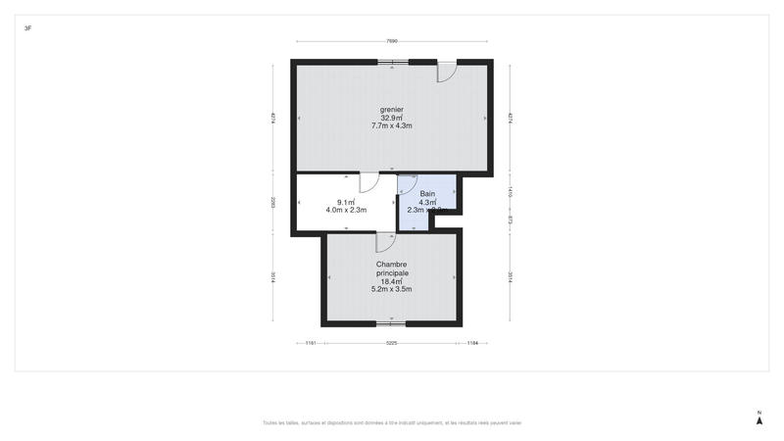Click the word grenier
(x=392, y=109)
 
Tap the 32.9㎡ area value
(x=392, y=118)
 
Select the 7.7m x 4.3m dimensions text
(x=392, y=126)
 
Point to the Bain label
(x=427, y=194)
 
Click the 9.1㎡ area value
(x=346, y=202)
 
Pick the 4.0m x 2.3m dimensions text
(x=346, y=211)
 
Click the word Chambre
(x=392, y=265)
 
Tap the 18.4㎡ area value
(x=392, y=281)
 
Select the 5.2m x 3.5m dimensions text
(x=392, y=290)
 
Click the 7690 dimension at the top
(x=392, y=41)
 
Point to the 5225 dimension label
(x=392, y=343)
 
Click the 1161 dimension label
(x=310, y=343)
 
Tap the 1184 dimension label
(x=472, y=343)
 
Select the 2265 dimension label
(x=273, y=203)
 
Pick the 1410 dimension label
(x=510, y=192)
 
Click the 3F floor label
(x=27, y=28)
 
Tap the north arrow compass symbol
(x=759, y=419)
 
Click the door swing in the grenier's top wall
(x=446, y=72)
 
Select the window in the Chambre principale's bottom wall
(x=391, y=322)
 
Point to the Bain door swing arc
(x=409, y=184)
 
